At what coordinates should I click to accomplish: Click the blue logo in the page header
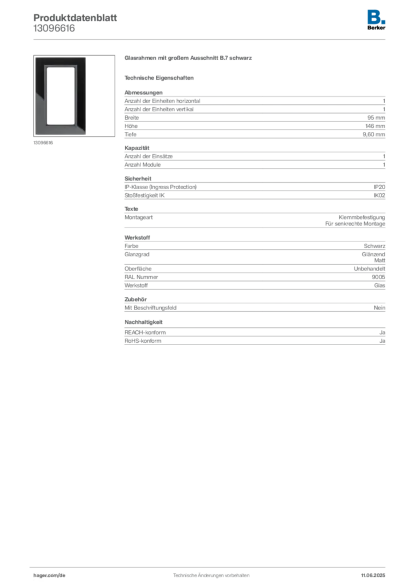coord(377,16)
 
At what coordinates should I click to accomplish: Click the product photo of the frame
coord(60,96)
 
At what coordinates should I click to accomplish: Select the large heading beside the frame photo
coord(190,58)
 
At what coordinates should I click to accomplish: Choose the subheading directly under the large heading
coord(160,77)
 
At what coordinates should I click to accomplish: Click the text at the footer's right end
coord(376,573)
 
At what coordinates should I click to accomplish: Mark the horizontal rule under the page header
coord(210,39)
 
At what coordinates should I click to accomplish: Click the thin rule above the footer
coord(210,565)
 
